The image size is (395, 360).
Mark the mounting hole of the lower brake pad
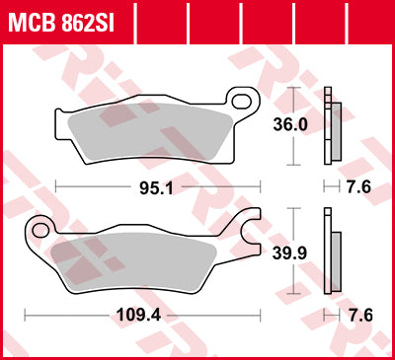(40, 230)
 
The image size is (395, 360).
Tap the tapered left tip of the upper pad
(61, 117)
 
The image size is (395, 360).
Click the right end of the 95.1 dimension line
(261, 185)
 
